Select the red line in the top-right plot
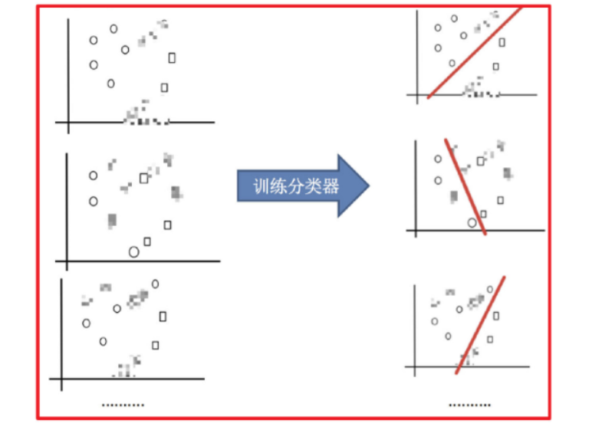click(x=474, y=52)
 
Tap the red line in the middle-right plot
click(x=465, y=186)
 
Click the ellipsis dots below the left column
click(x=123, y=405)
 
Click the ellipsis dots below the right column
click(x=469, y=405)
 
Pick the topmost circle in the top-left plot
click(x=113, y=29)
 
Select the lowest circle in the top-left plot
click(x=111, y=83)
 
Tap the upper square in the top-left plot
click(x=172, y=57)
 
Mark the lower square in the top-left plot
click(x=164, y=87)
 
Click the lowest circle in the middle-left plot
click(x=133, y=251)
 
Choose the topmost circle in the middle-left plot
click(x=94, y=176)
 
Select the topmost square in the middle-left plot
click(x=143, y=178)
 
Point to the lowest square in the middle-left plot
click(x=147, y=241)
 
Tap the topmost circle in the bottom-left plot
click(x=155, y=284)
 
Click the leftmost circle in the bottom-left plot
click(x=87, y=323)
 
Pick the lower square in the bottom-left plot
click(x=156, y=345)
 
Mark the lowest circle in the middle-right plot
click(x=472, y=222)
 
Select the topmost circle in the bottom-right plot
click(x=490, y=289)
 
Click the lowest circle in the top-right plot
click(x=452, y=63)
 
